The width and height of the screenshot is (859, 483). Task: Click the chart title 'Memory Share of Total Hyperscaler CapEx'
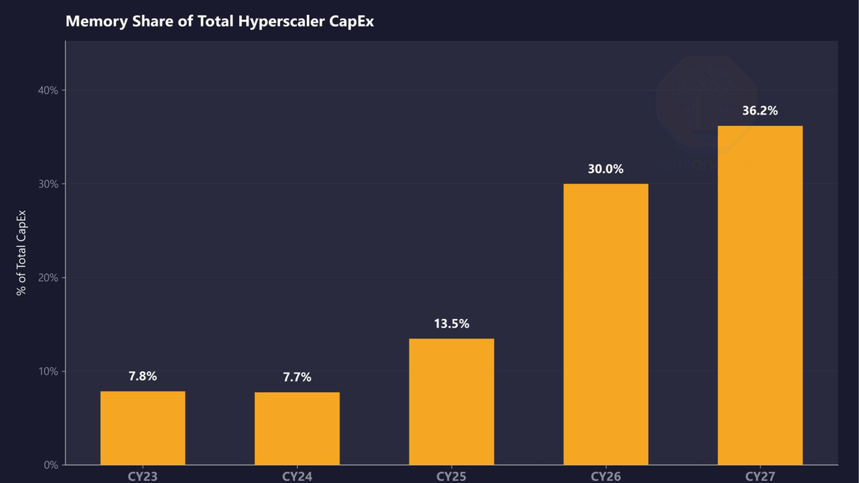tap(220, 21)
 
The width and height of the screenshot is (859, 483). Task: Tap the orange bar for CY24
tap(297, 429)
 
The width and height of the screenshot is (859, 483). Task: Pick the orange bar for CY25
tap(452, 401)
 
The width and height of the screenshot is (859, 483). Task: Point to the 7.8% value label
tap(142, 376)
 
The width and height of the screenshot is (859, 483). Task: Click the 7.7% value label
tap(297, 377)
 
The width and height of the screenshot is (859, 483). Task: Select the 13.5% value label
tap(452, 323)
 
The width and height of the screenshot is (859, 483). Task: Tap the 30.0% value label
tap(606, 170)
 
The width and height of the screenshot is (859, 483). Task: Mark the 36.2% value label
tap(760, 111)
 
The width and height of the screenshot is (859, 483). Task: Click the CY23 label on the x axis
tap(142, 476)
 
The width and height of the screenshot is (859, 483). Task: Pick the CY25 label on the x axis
tap(452, 476)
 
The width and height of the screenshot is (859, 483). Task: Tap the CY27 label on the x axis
tap(760, 476)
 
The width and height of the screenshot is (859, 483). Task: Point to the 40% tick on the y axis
tap(49, 90)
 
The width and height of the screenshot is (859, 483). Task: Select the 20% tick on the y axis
tap(49, 278)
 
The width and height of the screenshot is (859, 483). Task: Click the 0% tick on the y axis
tap(52, 465)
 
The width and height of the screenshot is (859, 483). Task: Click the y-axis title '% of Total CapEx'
tap(21, 253)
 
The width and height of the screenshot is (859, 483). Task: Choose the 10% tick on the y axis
tap(49, 371)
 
